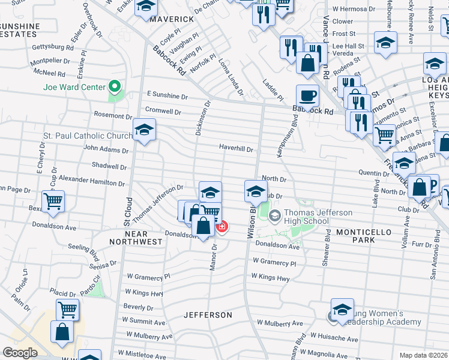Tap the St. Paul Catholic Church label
[x=88, y=136]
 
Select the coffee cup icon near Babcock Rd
[x=307, y=95]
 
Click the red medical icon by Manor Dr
[x=222, y=227]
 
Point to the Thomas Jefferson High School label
[x=307, y=217]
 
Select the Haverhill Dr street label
[x=236, y=149]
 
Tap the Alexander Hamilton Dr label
[x=91, y=180]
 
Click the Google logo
[x=20, y=353]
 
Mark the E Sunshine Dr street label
[x=167, y=95]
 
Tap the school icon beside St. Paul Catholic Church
[x=145, y=130]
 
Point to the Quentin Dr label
[x=373, y=173]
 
